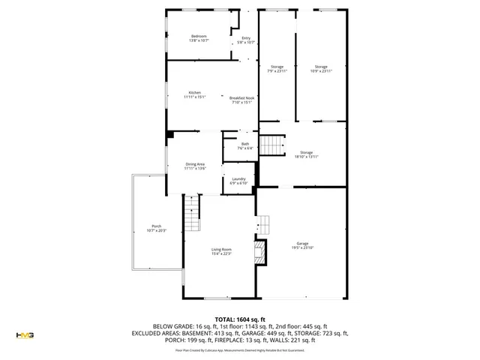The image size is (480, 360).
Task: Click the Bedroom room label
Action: tap(199, 37)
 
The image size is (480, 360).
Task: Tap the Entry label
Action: tap(246, 40)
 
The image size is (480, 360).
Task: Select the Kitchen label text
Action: tap(194, 94)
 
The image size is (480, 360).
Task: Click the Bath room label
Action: tap(245, 145)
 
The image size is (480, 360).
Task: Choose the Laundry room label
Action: tap(238, 180)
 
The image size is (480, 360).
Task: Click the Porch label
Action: tap(156, 228)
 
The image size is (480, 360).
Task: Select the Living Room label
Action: tap(221, 251)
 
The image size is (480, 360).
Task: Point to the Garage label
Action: tap(302, 245)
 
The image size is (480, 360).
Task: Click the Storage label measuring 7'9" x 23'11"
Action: tap(277, 69)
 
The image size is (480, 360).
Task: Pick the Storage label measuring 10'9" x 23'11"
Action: tap(321, 69)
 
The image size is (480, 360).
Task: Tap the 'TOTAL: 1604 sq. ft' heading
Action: tap(240, 319)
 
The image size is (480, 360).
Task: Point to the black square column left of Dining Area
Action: tap(171, 135)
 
